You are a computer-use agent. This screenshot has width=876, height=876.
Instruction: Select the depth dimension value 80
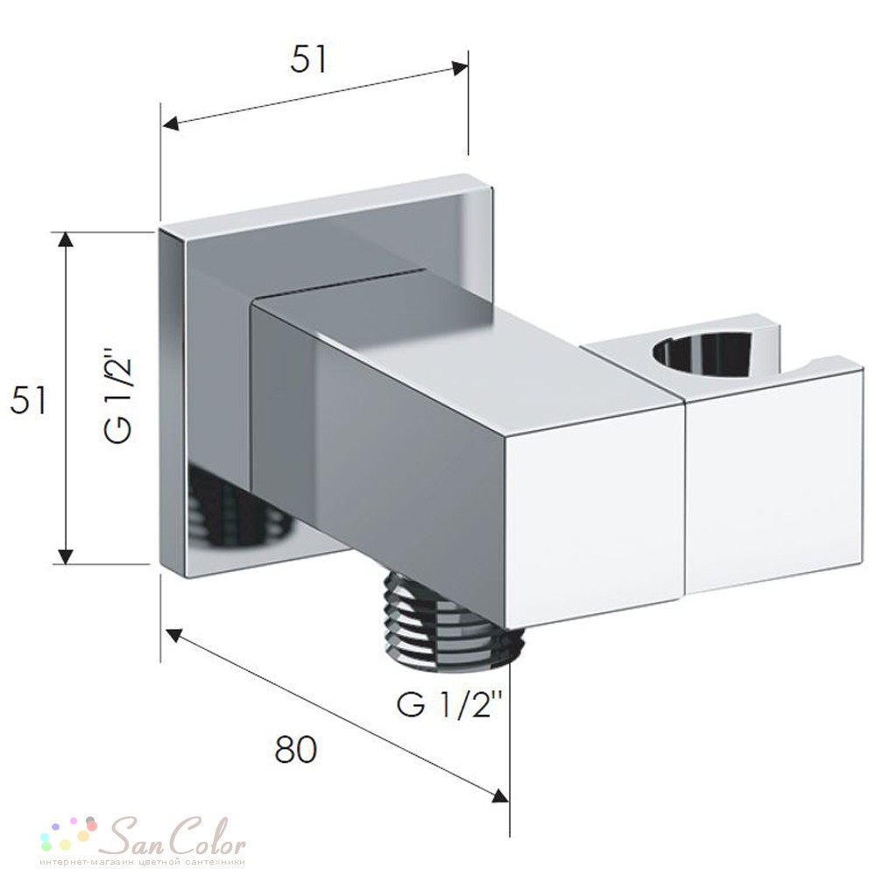click(295, 750)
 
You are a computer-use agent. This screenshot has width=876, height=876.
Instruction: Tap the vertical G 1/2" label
click(118, 394)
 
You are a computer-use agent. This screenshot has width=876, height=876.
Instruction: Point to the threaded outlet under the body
click(453, 625)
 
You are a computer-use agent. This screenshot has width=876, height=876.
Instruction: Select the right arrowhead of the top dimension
click(460, 68)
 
